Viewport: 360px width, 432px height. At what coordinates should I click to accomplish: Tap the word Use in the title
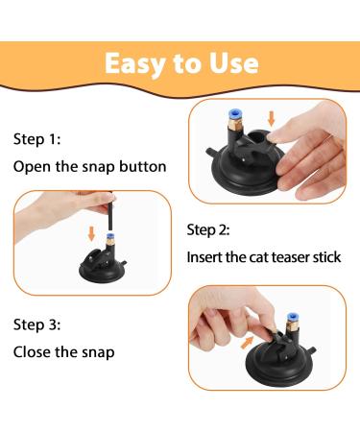(x=234, y=63)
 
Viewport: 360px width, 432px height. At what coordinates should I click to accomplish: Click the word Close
(x=32, y=351)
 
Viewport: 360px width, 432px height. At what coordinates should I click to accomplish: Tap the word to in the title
(x=187, y=63)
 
